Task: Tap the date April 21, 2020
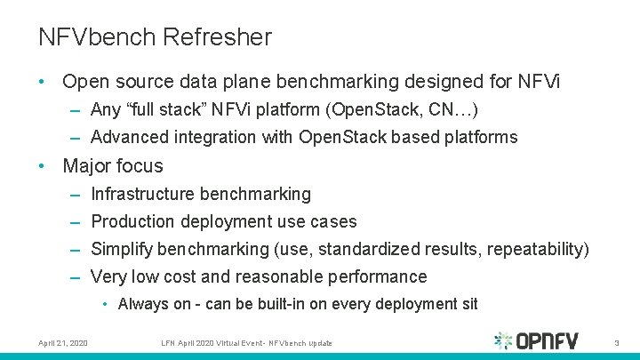pyautogui.click(x=63, y=342)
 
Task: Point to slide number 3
pyautogui.click(x=615, y=342)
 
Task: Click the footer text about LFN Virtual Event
pyautogui.click(x=248, y=342)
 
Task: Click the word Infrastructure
pyautogui.click(x=143, y=194)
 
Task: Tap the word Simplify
pyautogui.click(x=123, y=249)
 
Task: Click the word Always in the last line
pyautogui.click(x=143, y=304)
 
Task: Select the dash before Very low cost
pyautogui.click(x=76, y=276)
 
